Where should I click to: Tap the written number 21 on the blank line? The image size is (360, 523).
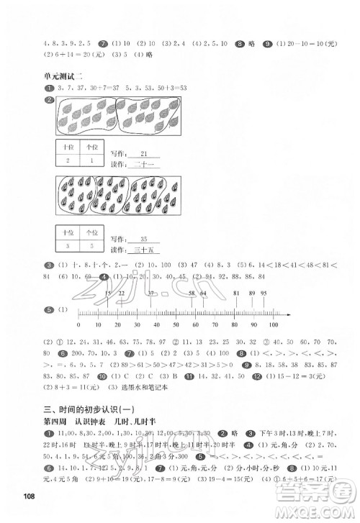coord(144,154)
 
